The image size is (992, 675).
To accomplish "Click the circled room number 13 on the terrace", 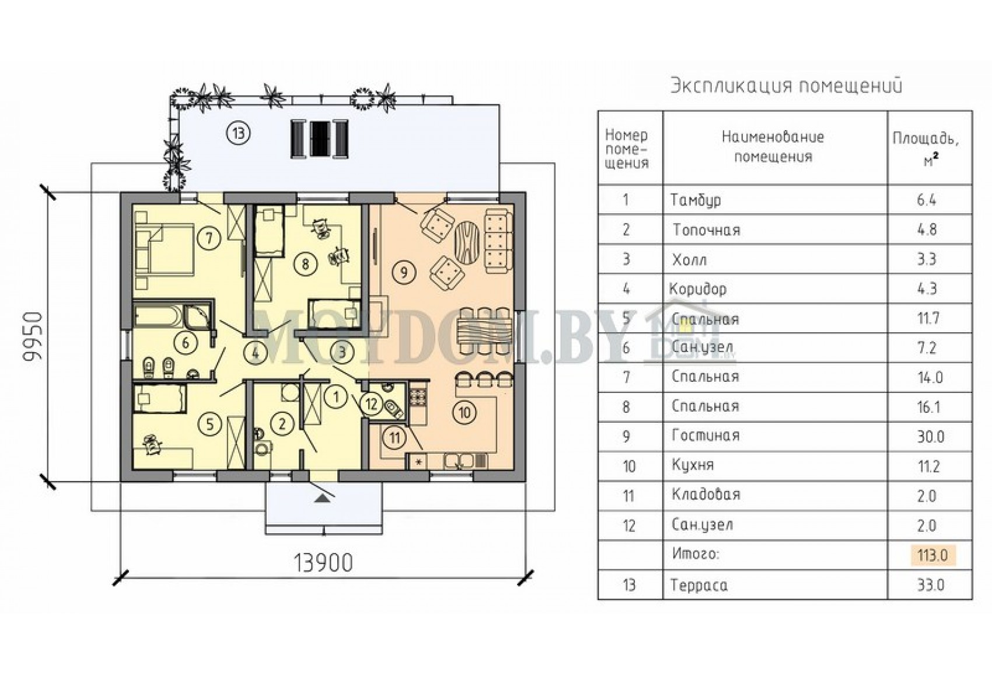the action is pyautogui.click(x=239, y=133).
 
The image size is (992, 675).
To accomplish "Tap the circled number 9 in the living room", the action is pyautogui.click(x=404, y=272).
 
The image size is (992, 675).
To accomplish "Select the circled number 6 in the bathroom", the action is pyautogui.click(x=186, y=342).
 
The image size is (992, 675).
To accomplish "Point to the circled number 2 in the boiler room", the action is pyautogui.click(x=282, y=424).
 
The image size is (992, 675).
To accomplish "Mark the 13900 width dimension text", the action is pyautogui.click(x=324, y=563).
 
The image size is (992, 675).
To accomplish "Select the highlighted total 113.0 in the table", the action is pyautogui.click(x=932, y=555).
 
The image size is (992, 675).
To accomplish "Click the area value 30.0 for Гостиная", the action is pyautogui.click(x=931, y=437).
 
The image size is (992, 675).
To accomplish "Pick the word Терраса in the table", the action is pyautogui.click(x=699, y=585).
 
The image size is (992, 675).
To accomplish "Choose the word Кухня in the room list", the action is pyautogui.click(x=693, y=465).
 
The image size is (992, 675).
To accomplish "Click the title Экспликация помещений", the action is pyautogui.click(x=786, y=85).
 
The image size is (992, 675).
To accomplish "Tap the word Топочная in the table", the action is pyautogui.click(x=707, y=230).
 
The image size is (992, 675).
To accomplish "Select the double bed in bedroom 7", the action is pyautogui.click(x=165, y=248).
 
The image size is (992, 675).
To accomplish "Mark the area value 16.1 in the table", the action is pyautogui.click(x=931, y=407).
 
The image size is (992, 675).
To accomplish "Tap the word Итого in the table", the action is pyautogui.click(x=696, y=554).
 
